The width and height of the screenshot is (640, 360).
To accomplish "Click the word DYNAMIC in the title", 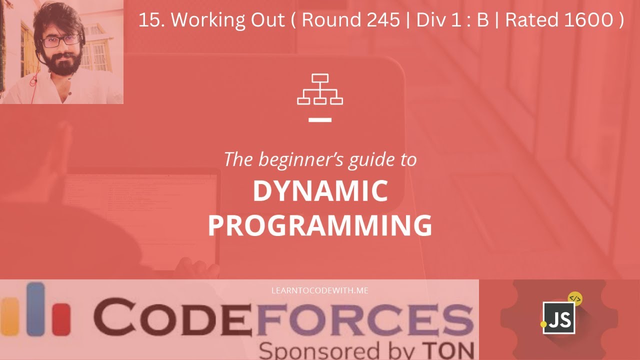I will (x=320, y=191).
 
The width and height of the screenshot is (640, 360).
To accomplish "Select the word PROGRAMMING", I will (x=320, y=225).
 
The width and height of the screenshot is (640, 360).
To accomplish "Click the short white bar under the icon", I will (x=320, y=120).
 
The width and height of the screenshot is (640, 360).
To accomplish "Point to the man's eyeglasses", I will (x=61, y=41).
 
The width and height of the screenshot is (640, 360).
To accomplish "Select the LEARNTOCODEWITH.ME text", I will (x=319, y=290).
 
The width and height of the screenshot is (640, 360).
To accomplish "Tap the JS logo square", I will (x=559, y=318).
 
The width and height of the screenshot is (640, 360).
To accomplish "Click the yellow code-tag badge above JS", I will (x=575, y=299).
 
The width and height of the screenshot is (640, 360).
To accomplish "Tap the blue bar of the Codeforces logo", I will (x=35, y=307).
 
